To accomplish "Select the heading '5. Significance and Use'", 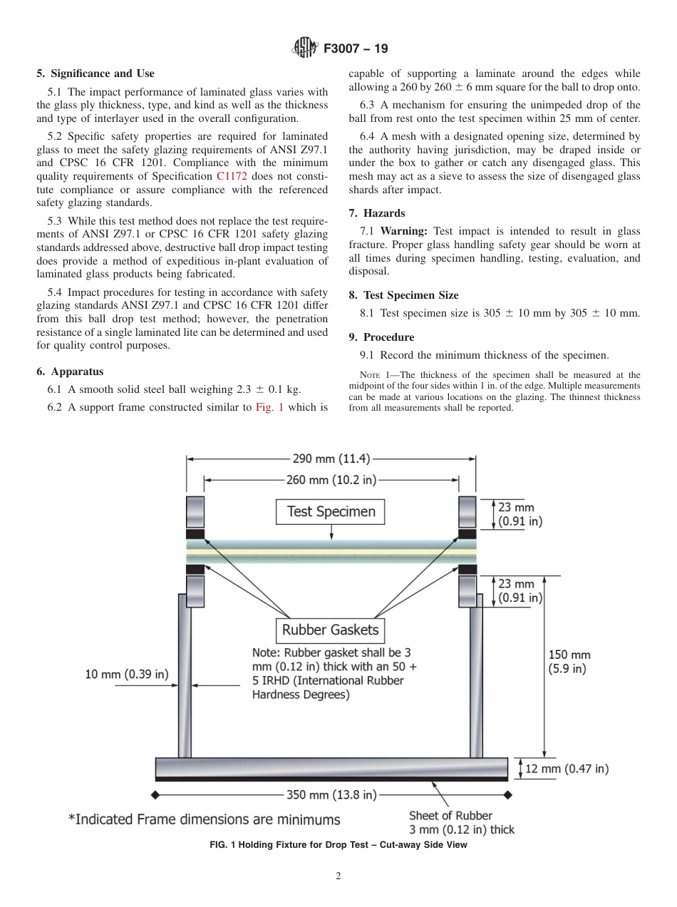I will pos(95,73).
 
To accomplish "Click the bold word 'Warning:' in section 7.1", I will pos(403,231).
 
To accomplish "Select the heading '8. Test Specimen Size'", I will pos(403,295).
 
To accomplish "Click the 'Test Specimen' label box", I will pos(331,511).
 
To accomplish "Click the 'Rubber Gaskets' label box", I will pos(330,630).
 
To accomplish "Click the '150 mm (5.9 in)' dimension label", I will pos(569,661).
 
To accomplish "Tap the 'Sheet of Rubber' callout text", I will pos(450,815).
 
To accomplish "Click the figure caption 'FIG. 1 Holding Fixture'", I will pos(338,846).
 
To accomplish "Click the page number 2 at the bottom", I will pos(338,876).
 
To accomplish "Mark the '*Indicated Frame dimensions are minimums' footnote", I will pos(204,819).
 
